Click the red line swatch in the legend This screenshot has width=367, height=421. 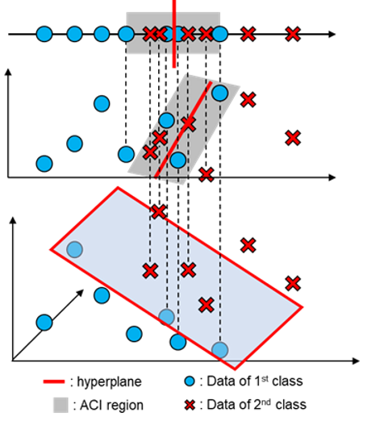coord(54,381)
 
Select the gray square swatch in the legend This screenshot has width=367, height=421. coord(60,405)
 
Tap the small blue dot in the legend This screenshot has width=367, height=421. coord(190,381)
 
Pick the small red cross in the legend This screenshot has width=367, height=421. coord(190,405)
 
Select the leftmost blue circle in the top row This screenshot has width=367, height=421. coord(44,34)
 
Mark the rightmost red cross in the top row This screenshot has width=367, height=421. coord(293,34)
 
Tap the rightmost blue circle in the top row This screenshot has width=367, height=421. coord(219,34)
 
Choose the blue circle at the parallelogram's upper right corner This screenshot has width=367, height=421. coord(219,93)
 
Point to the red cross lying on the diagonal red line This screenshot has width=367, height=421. coord(188,123)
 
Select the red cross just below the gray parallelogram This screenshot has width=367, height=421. coord(206,174)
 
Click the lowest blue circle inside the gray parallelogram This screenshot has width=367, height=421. coord(178,160)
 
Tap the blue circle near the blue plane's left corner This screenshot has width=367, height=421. coord(74,249)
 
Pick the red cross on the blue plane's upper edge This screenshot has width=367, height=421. coord(158,212)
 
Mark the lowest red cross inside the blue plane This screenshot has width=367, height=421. coord(206,304)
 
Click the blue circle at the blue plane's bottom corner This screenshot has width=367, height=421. coord(219,349)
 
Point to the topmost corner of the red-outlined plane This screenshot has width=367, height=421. coord(119,187)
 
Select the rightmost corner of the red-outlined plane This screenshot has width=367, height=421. coord(302,306)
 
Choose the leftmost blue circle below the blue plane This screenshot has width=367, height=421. coord(44,323)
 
